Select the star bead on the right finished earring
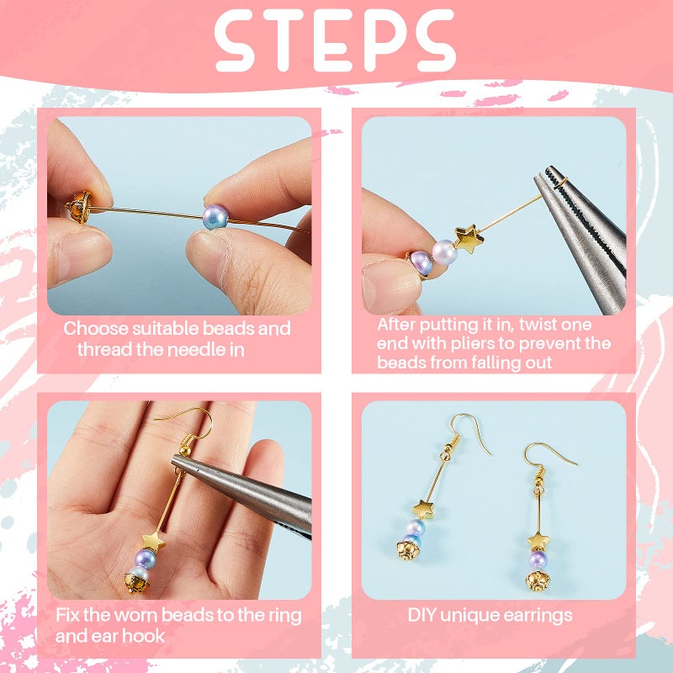pyautogui.click(x=537, y=538)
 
